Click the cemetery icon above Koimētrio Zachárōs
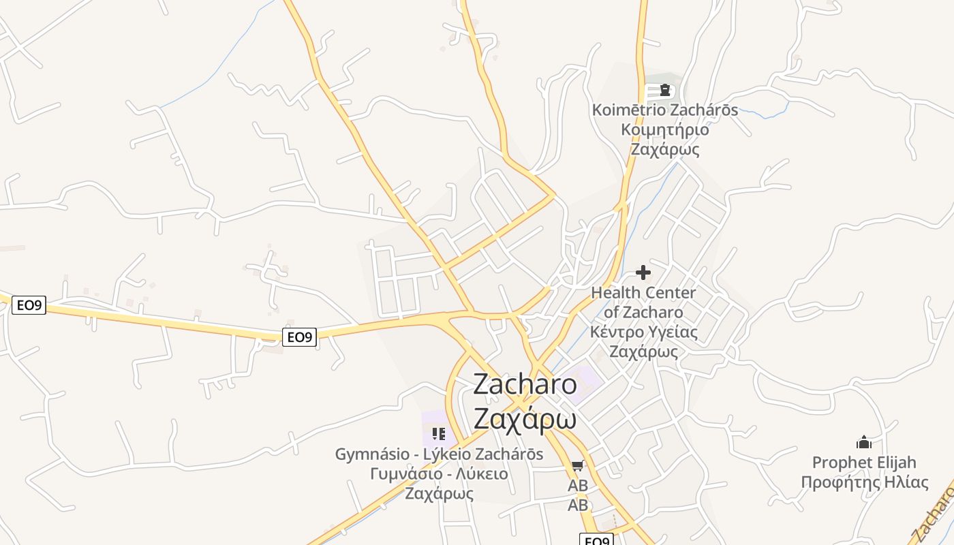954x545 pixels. tap(664, 90)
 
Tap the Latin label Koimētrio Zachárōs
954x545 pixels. tap(664, 110)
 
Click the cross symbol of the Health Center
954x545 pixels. tap(643, 273)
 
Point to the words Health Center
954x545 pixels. tap(643, 293)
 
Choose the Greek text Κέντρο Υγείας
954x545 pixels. tap(644, 332)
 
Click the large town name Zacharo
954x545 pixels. tap(525, 385)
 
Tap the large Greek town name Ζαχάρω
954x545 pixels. tap(525, 419)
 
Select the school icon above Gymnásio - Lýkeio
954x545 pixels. tap(439, 434)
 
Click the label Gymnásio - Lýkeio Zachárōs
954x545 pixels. tap(439, 454)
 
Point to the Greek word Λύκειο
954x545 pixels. tap(481, 473)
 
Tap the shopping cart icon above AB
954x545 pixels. tap(578, 466)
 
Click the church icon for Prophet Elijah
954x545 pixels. tap(864, 443)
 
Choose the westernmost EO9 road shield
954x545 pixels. tap(29, 305)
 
